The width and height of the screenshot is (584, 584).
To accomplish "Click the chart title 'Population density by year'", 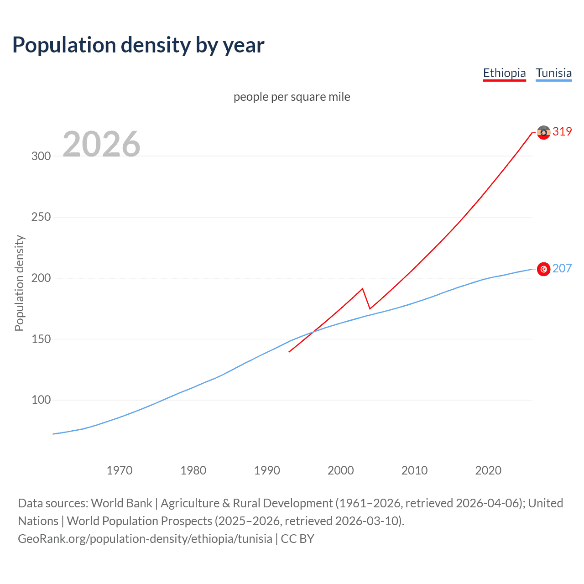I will point(138,45).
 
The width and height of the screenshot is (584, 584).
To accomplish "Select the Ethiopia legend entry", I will point(504,73).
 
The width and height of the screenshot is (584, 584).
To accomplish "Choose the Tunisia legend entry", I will point(553,73).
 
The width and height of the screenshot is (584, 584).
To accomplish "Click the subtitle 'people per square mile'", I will point(292,97).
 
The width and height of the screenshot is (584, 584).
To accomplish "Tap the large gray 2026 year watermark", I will point(101,144).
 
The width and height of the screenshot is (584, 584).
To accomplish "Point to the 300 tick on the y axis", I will point(41,156).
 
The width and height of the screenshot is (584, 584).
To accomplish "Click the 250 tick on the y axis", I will point(41,217).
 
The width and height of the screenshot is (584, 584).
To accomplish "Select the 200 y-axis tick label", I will point(41,278).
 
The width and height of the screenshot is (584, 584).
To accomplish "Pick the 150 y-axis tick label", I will point(41,339).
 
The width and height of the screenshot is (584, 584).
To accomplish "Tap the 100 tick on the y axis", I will point(41,400).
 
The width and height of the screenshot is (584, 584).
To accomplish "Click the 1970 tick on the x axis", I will point(120,470).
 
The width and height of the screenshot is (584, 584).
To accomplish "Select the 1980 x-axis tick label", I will point(193,470).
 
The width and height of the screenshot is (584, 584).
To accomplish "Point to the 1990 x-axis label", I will point(267,470).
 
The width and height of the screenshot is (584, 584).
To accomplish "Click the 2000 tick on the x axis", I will point(341,470).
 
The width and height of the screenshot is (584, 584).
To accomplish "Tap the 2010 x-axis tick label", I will point(414,470).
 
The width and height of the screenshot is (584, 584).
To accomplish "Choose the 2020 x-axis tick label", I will point(488,470).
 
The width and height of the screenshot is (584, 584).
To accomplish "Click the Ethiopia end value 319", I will point(562,131).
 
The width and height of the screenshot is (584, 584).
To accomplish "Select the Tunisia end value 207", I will point(562,268).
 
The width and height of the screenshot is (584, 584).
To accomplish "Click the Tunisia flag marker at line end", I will point(543,269).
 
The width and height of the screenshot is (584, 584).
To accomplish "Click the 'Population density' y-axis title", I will point(19,283).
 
